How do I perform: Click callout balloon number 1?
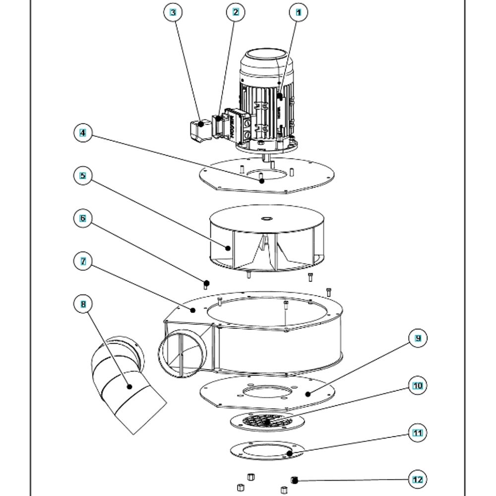298,12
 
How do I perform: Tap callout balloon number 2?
236,12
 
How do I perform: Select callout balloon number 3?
173,12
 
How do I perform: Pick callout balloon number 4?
83,133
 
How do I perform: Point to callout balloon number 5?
83,176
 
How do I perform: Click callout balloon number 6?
83,218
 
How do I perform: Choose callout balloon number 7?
83,261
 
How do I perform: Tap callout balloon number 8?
83,304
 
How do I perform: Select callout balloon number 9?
418,338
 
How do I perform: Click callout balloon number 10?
418,385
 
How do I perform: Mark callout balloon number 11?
418,433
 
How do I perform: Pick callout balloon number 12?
418,480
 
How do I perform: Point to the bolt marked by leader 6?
207,284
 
